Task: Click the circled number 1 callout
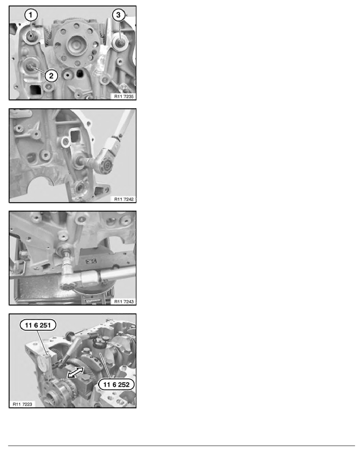pos(31,15)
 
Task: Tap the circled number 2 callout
pos(51,76)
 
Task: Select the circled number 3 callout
pos(118,15)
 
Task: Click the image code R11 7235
pos(124,96)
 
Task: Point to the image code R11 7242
pos(124,199)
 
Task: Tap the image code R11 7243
pos(124,302)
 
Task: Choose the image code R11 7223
pos(22,404)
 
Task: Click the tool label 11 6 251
pos(38,325)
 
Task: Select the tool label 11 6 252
pos(116,384)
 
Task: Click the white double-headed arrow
pos(75,372)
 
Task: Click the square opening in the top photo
pos(35,90)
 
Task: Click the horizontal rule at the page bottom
pos(182,446)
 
